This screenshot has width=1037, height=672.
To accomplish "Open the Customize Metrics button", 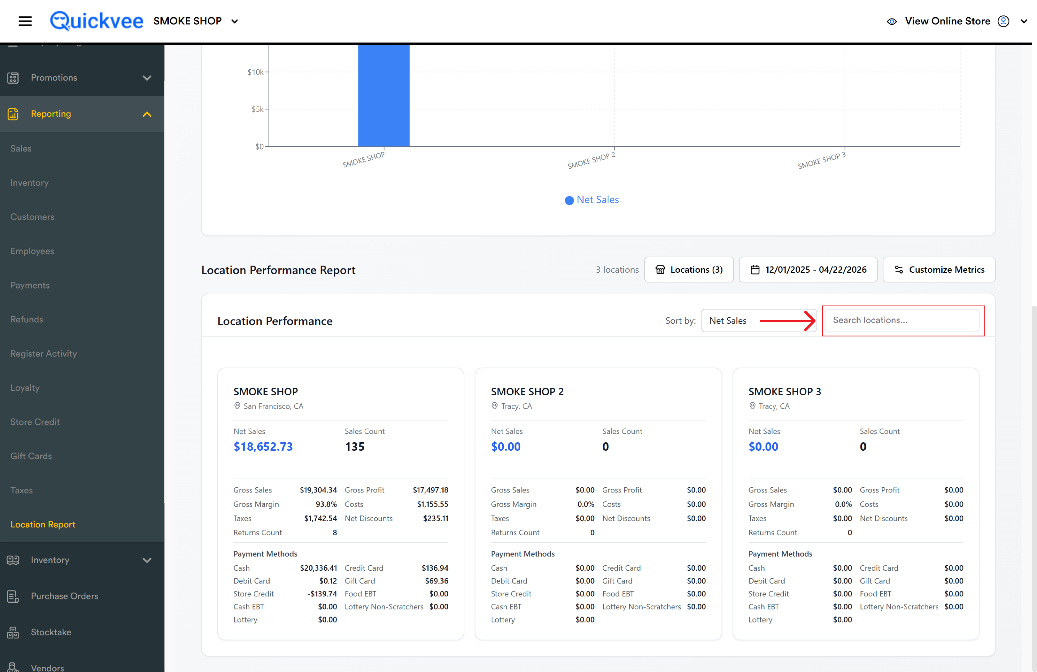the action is (x=939, y=270).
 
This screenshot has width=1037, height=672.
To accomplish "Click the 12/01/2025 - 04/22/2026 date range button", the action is (x=808, y=270).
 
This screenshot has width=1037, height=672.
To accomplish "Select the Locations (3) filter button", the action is (x=689, y=270).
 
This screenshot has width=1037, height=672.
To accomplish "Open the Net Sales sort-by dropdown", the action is (x=759, y=321).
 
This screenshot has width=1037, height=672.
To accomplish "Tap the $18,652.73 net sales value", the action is (x=263, y=447).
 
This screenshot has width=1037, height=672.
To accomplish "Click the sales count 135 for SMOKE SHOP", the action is (x=355, y=447).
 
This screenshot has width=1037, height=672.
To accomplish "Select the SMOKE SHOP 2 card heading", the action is (x=527, y=392).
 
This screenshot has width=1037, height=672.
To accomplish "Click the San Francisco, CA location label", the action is (x=273, y=406).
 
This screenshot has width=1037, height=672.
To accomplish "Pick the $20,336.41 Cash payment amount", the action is (x=319, y=568).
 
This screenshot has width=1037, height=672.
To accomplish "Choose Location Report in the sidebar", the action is (x=43, y=524).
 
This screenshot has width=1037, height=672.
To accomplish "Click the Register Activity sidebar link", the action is (x=44, y=353).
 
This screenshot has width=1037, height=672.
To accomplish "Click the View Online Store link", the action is (x=947, y=21).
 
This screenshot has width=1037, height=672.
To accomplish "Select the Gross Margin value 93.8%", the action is (x=326, y=504).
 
